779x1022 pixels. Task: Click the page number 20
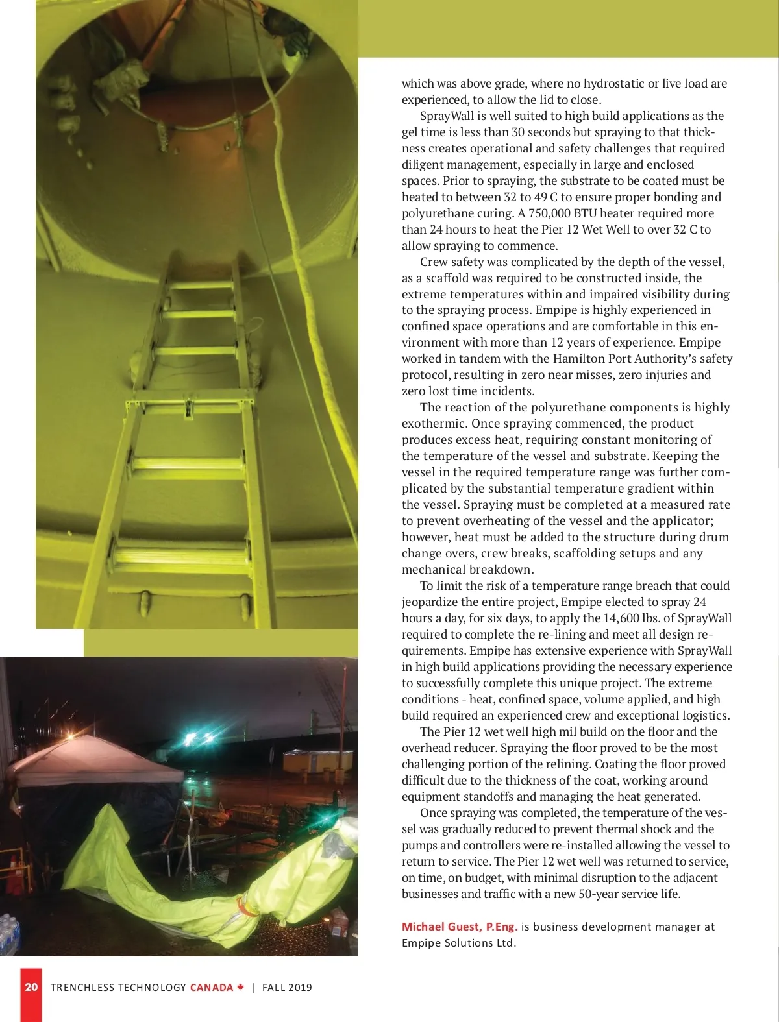point(31,987)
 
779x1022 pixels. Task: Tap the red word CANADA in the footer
point(212,988)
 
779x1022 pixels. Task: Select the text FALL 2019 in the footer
point(287,988)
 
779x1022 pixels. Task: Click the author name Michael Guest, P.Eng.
point(460,927)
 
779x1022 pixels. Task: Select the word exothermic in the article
point(433,424)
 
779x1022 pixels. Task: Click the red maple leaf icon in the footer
point(240,987)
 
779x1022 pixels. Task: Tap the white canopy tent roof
point(91,759)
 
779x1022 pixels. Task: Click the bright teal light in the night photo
point(192,738)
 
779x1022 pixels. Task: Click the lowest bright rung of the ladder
point(182,557)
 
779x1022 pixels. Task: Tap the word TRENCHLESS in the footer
point(86,988)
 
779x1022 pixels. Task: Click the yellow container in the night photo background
point(318,760)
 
